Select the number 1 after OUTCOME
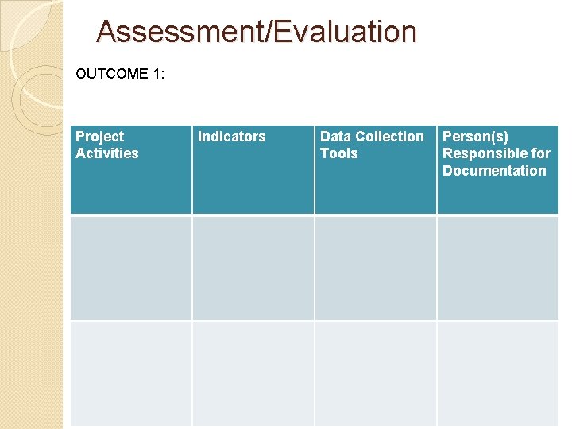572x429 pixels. pos(159,74)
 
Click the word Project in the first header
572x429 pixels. pos(99,137)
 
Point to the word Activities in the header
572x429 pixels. pos(106,153)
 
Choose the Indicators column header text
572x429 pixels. pos(231,137)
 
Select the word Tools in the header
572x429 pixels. pos(338,153)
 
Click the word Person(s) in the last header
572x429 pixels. pos(475,137)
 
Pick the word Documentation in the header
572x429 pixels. pos(494,171)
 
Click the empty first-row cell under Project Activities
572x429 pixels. pos(131,268)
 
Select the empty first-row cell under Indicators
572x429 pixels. pos(253,268)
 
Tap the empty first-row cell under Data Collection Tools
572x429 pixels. pos(376,268)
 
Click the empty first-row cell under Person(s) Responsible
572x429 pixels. pos(498,268)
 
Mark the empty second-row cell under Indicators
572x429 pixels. pos(253,373)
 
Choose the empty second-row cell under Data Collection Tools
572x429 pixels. pos(376,373)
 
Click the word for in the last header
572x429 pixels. pos(541,153)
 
